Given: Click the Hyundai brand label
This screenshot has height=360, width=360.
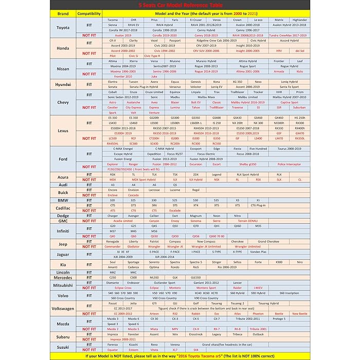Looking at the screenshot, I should pyautogui.click(x=63, y=84).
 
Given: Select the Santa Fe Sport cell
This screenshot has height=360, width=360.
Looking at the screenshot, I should pyautogui.click(x=289, y=86).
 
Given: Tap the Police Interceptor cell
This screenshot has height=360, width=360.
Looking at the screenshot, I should pyautogui.click(x=289, y=164).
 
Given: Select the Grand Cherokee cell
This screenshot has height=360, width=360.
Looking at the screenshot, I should pyautogui.click(x=268, y=241).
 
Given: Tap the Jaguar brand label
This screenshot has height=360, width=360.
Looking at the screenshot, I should pyautogui.click(x=63, y=254).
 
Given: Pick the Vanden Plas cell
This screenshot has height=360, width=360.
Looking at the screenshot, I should pyautogui.click(x=258, y=251).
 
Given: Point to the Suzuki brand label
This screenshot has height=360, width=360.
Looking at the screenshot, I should pyautogui.click(x=63, y=347).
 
